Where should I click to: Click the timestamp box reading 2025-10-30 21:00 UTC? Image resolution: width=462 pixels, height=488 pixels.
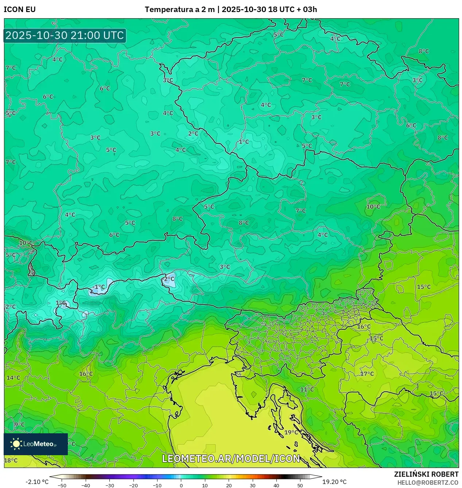[x=65, y=35]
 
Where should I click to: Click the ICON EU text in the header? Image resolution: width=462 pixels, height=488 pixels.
[x=20, y=9]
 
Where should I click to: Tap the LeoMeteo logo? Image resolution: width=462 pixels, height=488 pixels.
[x=35, y=444]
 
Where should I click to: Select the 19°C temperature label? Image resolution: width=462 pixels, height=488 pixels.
[x=291, y=432]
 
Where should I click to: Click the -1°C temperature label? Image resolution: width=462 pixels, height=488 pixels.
[x=98, y=287]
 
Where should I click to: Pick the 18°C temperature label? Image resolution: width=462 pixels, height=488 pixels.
[x=11, y=460]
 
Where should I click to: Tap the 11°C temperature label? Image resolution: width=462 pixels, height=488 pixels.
[x=307, y=390]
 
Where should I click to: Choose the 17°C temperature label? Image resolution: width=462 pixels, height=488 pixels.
[x=367, y=374]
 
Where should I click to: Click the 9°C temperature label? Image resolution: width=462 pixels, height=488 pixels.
[x=19, y=425]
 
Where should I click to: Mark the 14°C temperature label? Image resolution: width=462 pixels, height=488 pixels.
[x=13, y=378]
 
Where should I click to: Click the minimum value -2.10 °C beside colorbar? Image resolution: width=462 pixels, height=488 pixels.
[x=37, y=482]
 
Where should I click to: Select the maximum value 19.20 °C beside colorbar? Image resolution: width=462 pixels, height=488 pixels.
[x=334, y=482]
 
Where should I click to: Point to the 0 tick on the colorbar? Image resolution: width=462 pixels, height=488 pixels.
[x=181, y=485]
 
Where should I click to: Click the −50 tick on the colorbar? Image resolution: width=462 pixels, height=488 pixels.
[x=62, y=485]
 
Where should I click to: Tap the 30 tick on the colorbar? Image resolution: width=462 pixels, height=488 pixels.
[x=252, y=485]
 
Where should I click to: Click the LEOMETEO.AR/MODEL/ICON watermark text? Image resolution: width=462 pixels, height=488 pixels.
[x=231, y=458]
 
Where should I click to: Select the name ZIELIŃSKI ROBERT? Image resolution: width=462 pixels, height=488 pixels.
[x=426, y=474]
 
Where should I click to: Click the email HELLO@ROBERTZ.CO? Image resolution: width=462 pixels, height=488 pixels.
[x=428, y=483]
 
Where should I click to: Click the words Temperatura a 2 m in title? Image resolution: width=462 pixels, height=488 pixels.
[x=179, y=9]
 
